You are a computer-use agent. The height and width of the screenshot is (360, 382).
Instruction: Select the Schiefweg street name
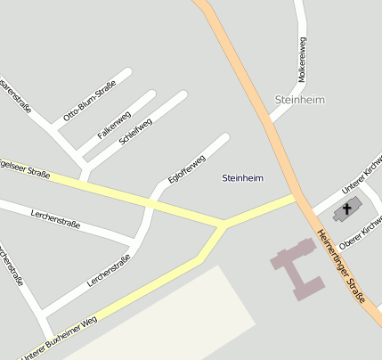coord(135,131)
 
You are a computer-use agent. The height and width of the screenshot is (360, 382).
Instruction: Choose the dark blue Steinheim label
coord(242,178)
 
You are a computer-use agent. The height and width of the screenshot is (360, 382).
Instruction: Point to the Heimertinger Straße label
coord(342,267)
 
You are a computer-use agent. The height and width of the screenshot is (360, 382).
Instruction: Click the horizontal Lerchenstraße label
coord(55,218)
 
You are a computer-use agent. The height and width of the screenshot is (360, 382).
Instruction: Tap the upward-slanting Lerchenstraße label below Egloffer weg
coord(109,270)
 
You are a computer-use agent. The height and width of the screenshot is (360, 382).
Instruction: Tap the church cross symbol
coord(345,210)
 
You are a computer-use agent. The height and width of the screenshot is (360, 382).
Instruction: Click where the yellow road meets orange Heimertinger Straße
coord(296,199)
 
